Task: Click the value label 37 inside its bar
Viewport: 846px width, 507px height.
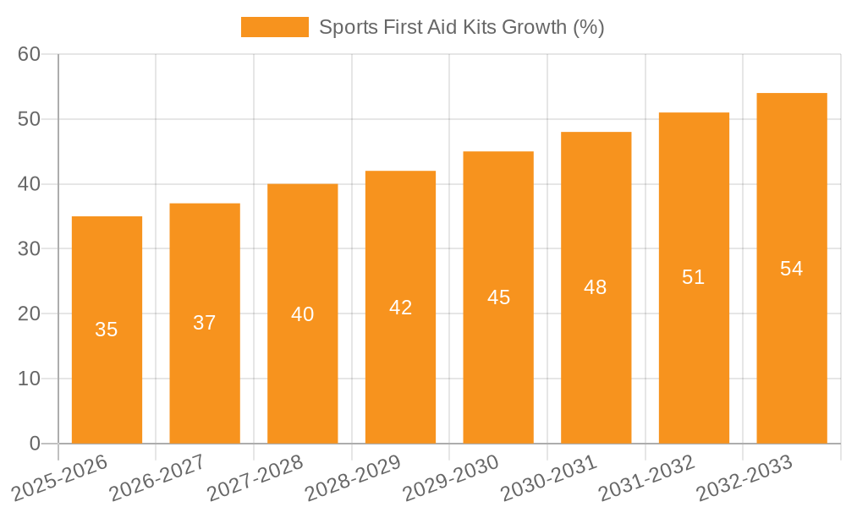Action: pos(205,323)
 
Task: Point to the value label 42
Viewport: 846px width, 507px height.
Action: pos(400,308)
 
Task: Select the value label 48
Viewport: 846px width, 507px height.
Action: pos(596,287)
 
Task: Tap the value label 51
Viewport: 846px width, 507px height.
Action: pos(694,277)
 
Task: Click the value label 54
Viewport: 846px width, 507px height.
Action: pos(792,269)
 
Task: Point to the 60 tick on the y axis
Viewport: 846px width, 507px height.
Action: pos(29,54)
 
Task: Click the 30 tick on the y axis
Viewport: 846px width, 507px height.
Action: pos(29,249)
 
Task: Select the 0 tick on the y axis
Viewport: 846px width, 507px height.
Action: pos(35,444)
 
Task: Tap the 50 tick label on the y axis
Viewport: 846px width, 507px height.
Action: pos(29,119)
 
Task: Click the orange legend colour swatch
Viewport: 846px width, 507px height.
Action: pos(275,27)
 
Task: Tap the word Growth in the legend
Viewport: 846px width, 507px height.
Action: pos(536,27)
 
